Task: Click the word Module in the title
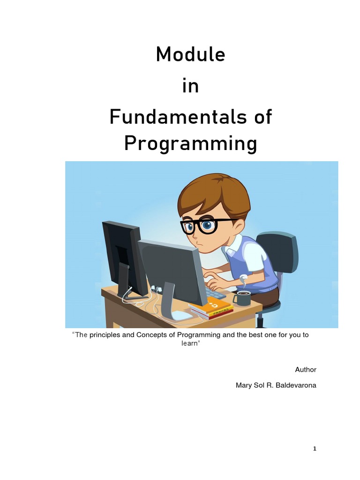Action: point(190,55)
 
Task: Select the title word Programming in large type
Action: point(190,144)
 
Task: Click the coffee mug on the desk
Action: point(242,298)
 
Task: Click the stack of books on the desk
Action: point(212,308)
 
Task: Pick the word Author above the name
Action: point(306,369)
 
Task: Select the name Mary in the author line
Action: point(243,385)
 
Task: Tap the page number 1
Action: point(315,449)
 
